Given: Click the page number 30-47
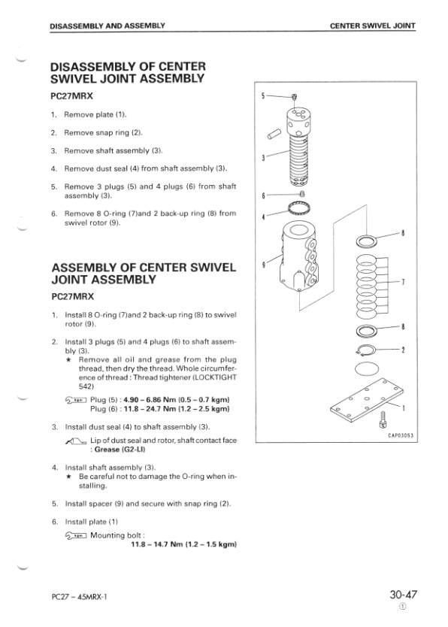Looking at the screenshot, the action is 403,594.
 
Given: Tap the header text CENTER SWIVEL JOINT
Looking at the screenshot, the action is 373,26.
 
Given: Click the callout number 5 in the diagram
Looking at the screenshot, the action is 262,95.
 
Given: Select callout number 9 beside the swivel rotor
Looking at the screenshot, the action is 263,265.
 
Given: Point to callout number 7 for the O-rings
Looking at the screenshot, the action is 403,282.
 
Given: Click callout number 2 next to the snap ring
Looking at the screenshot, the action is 403,350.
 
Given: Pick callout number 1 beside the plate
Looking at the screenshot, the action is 403,408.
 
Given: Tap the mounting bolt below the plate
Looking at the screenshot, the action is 383,420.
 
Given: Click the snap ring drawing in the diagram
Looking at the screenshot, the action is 365,350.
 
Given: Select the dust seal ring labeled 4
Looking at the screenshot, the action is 298,208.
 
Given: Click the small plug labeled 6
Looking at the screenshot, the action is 302,194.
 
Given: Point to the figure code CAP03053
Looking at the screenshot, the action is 401,435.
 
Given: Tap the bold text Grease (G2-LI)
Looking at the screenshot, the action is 120,450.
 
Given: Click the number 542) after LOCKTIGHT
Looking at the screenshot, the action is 86,386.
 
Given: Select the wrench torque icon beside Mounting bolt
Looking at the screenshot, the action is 75,535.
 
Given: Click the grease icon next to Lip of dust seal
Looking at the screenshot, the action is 75,441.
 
